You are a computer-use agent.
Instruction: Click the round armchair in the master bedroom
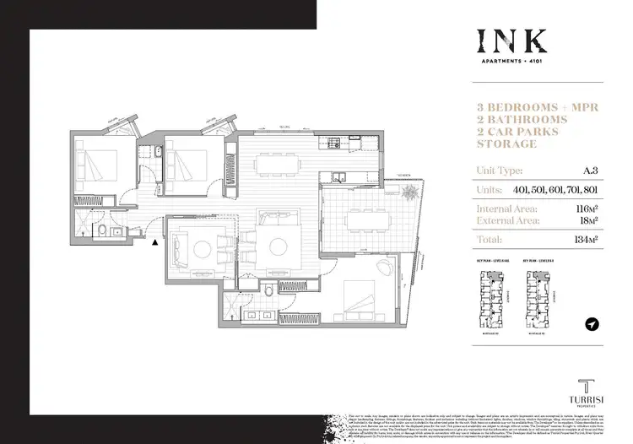point(377,271)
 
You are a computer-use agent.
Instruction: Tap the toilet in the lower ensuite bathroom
point(268,292)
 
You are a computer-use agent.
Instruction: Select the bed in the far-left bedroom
point(97,166)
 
